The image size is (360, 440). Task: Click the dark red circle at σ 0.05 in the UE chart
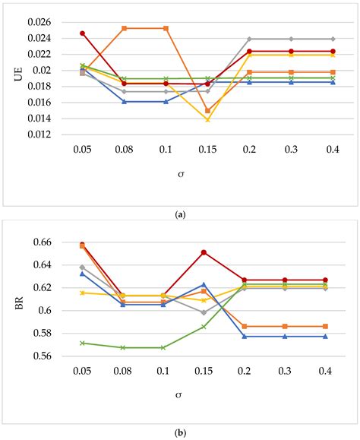pos(82,33)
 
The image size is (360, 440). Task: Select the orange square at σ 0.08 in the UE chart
pos(124,28)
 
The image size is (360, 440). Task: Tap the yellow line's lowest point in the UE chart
pos(207,119)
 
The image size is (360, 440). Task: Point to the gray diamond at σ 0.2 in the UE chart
pos(249,39)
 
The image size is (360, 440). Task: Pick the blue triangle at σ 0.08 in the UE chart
pos(124,101)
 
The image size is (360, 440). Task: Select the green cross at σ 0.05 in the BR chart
pos(82,343)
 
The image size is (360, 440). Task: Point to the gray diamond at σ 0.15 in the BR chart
pos(207,312)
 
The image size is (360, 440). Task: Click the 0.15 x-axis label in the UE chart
pos(207,150)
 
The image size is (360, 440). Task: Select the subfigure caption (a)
pos(180,215)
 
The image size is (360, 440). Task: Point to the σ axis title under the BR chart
pos(180,394)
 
